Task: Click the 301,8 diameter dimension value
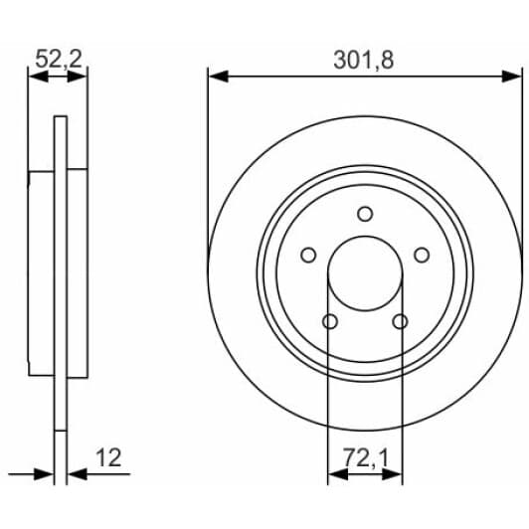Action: tap(364, 60)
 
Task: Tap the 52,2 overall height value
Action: tap(59, 59)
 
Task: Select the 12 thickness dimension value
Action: tap(108, 457)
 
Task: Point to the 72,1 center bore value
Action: tap(366, 457)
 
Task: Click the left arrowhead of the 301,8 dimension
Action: tap(219, 77)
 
